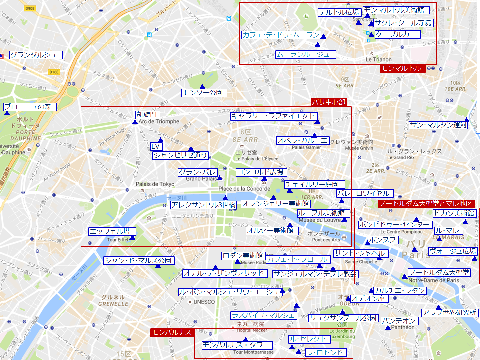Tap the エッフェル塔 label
pos(112,231)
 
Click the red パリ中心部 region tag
pos(328,102)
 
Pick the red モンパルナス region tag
pos(172,332)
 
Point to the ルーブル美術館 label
pos(323,213)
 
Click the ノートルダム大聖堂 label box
pos(439,273)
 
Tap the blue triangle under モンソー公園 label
pos(202,87)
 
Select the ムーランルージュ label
pos(305,55)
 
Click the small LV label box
pos(156,146)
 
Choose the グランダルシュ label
pos(35,55)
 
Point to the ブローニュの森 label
pos(30,107)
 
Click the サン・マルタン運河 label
pos(438,125)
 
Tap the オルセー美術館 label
pos(272,231)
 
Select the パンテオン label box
pos(399,321)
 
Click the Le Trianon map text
pos(378,60)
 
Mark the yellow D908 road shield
pos(30,8)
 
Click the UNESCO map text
pos(204,302)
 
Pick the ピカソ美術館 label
pos(455,213)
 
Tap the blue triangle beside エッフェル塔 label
pos(132,237)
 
